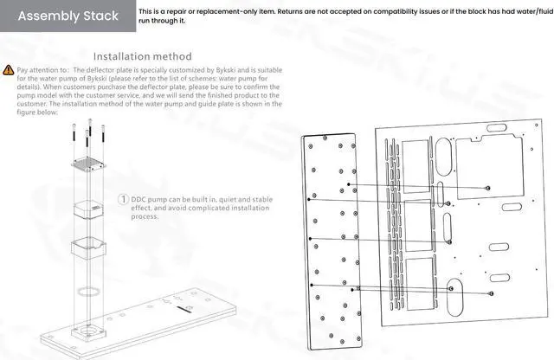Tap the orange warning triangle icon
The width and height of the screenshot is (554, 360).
[x=9, y=68]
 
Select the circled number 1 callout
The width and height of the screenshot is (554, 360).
[x=124, y=199]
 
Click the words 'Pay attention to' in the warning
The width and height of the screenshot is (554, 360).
[x=43, y=68]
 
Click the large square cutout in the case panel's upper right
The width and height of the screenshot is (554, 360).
[x=486, y=168]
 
